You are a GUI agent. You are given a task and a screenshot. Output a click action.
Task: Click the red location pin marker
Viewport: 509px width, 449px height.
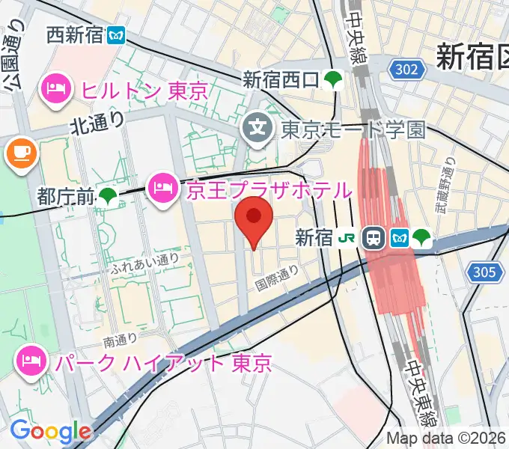[x=254, y=219]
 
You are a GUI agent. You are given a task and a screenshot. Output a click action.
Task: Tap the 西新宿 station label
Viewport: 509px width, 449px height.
[x=75, y=34]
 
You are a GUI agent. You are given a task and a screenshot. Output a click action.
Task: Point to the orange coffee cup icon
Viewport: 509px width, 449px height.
[x=20, y=153]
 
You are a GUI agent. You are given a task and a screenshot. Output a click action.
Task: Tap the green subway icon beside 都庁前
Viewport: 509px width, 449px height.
[x=108, y=197]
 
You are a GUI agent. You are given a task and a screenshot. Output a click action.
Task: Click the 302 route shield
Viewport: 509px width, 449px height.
[x=407, y=70]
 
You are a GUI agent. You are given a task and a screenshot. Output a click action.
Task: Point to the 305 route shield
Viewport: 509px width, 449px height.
[x=484, y=272]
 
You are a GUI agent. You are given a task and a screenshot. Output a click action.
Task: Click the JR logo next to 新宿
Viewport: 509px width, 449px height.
[x=347, y=239]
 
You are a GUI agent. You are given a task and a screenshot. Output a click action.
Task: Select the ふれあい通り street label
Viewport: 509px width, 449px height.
[x=144, y=262]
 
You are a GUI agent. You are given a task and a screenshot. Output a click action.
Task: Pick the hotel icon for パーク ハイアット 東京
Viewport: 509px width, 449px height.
[x=31, y=364]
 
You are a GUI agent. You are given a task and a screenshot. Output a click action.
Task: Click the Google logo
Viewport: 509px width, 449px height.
[x=50, y=431]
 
